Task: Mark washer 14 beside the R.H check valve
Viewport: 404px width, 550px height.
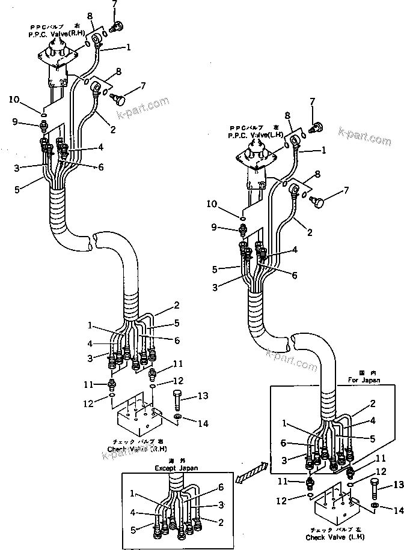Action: (179, 417)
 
